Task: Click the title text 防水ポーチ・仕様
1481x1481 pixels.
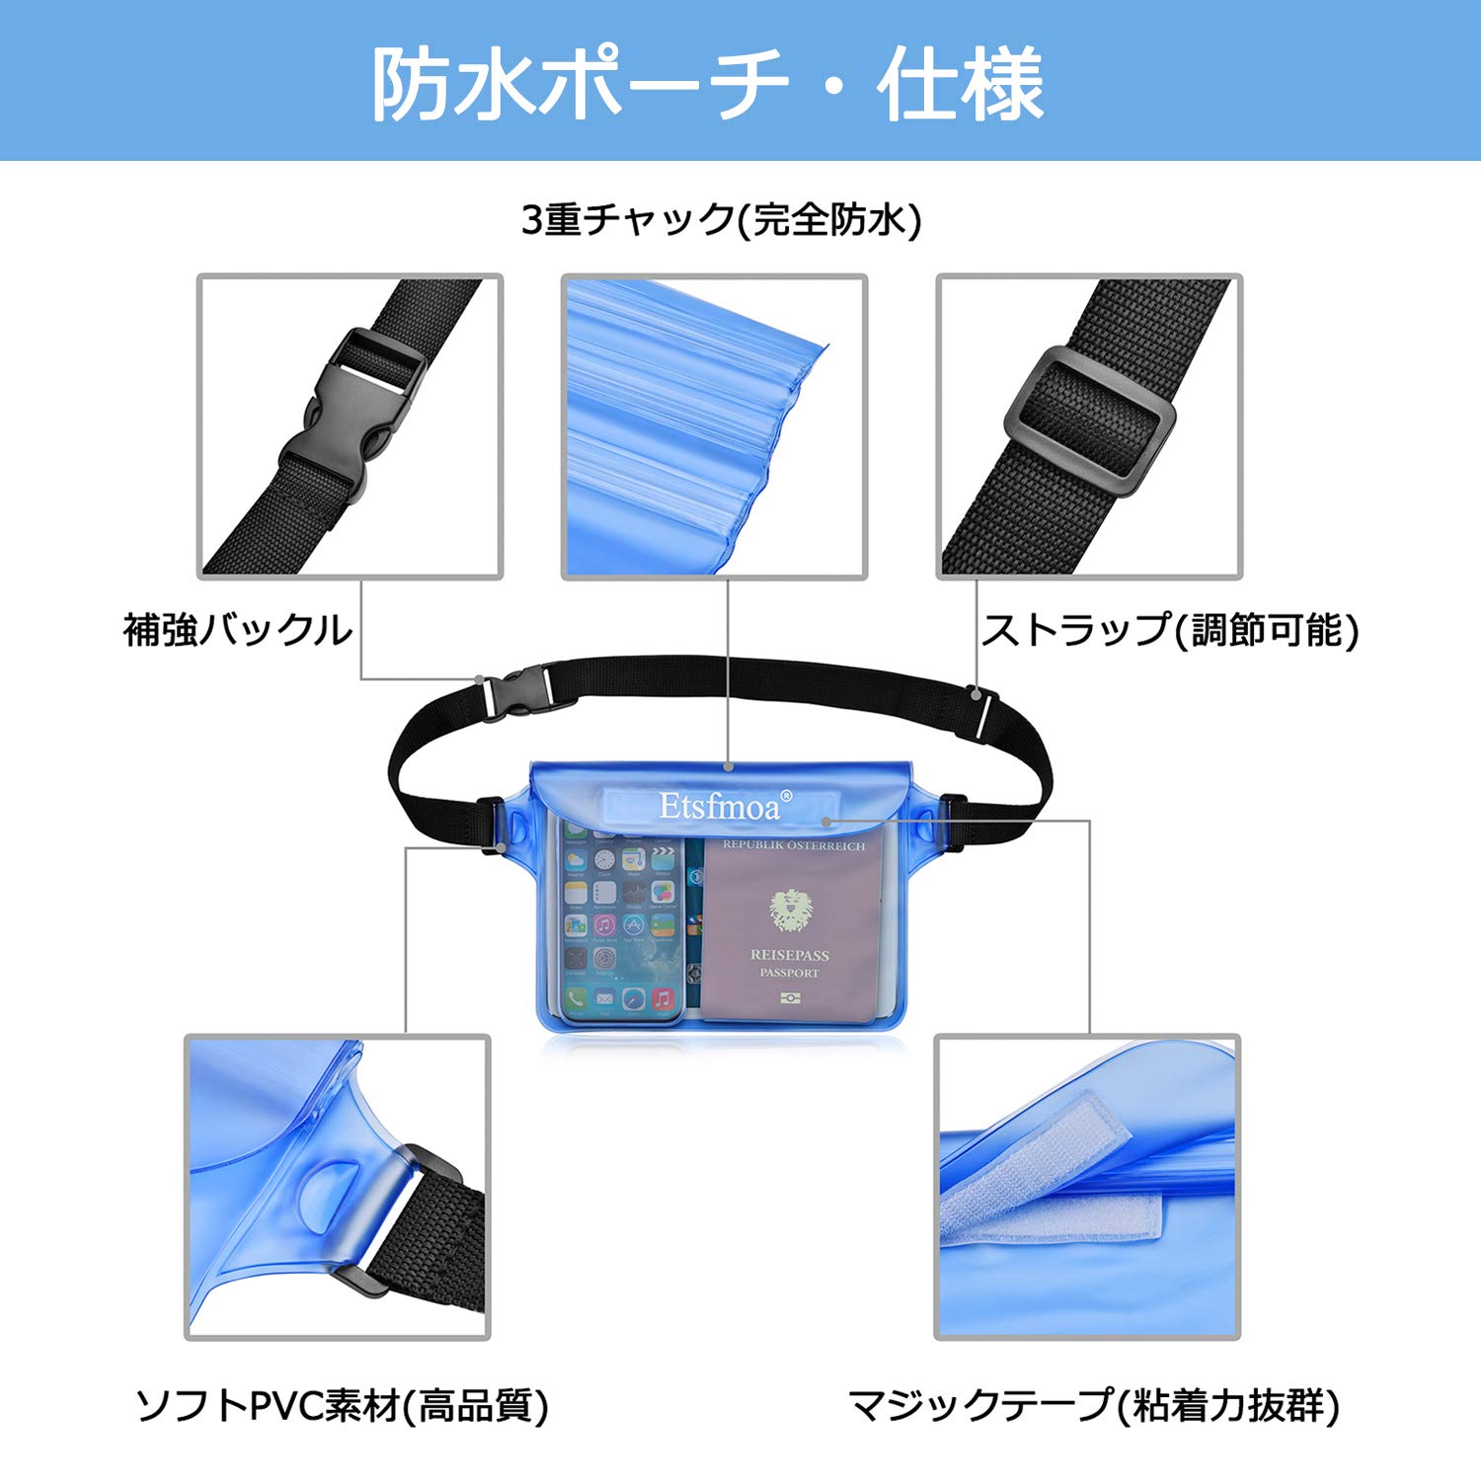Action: point(707,84)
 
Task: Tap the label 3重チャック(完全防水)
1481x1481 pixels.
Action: point(721,219)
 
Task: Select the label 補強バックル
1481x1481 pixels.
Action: point(237,630)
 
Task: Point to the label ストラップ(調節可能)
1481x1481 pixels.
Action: point(1170,630)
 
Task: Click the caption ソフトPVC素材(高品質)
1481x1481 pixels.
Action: point(342,1405)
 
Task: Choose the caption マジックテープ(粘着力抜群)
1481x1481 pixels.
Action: point(1094,1405)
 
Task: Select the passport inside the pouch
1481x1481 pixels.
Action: point(790,928)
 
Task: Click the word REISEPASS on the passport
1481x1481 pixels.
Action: point(790,955)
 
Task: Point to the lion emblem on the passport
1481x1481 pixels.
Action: point(790,908)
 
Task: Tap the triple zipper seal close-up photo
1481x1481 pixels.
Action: point(714,427)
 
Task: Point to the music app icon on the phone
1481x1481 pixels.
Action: point(663,999)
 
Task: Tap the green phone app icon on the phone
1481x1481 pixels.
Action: point(577,999)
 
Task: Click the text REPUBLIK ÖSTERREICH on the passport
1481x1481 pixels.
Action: point(793,846)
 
